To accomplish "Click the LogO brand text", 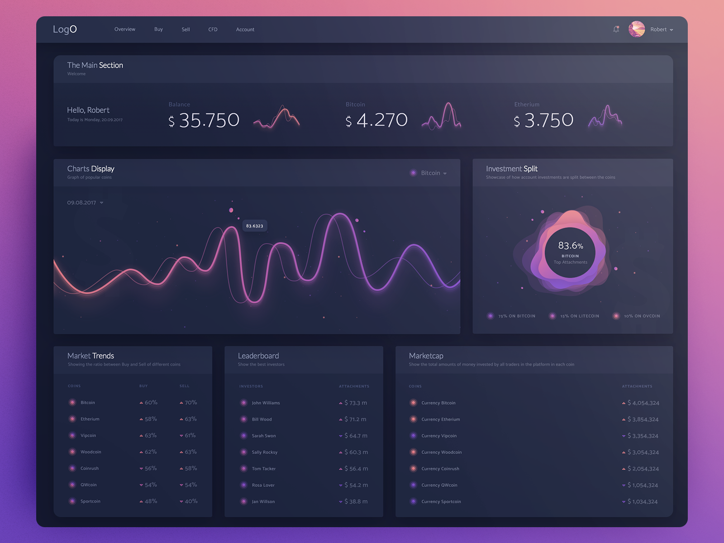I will pyautogui.click(x=65, y=29).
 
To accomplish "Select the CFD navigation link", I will pyautogui.click(x=213, y=29).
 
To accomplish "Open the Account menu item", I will pyautogui.click(x=245, y=29).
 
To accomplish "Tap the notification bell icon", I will pyautogui.click(x=616, y=29).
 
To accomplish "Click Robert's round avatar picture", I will pyautogui.click(x=637, y=29).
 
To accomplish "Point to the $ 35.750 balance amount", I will pyautogui.click(x=204, y=120).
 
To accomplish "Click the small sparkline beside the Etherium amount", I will pyautogui.click(x=605, y=117).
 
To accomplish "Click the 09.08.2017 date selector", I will pyautogui.click(x=85, y=203).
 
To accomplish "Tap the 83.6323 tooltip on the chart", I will pyautogui.click(x=254, y=226).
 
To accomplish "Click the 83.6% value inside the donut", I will pyautogui.click(x=570, y=246).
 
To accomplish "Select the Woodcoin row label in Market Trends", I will pyautogui.click(x=90, y=452).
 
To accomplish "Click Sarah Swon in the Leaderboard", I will pyautogui.click(x=263, y=436).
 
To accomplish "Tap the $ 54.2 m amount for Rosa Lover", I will pyautogui.click(x=356, y=485).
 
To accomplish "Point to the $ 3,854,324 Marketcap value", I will pyautogui.click(x=643, y=419).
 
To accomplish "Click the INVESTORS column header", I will pyautogui.click(x=251, y=386).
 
